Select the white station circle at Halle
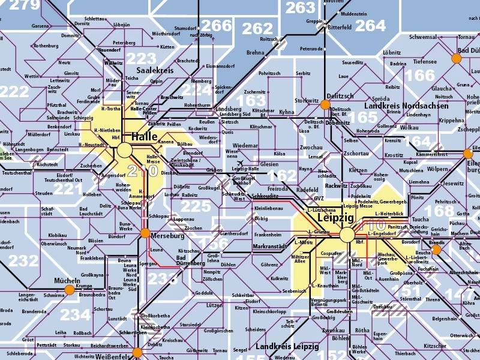click(124, 149)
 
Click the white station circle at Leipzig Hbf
click(347, 235)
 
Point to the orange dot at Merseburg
click(145, 233)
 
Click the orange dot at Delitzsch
click(325, 104)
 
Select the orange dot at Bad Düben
click(456, 58)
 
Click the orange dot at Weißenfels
click(137, 352)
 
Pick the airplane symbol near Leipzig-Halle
click(240, 164)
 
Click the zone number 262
click(257, 29)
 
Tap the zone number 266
click(216, 25)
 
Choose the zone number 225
click(196, 207)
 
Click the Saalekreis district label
click(155, 70)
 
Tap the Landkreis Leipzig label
click(287, 347)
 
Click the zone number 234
click(75, 315)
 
